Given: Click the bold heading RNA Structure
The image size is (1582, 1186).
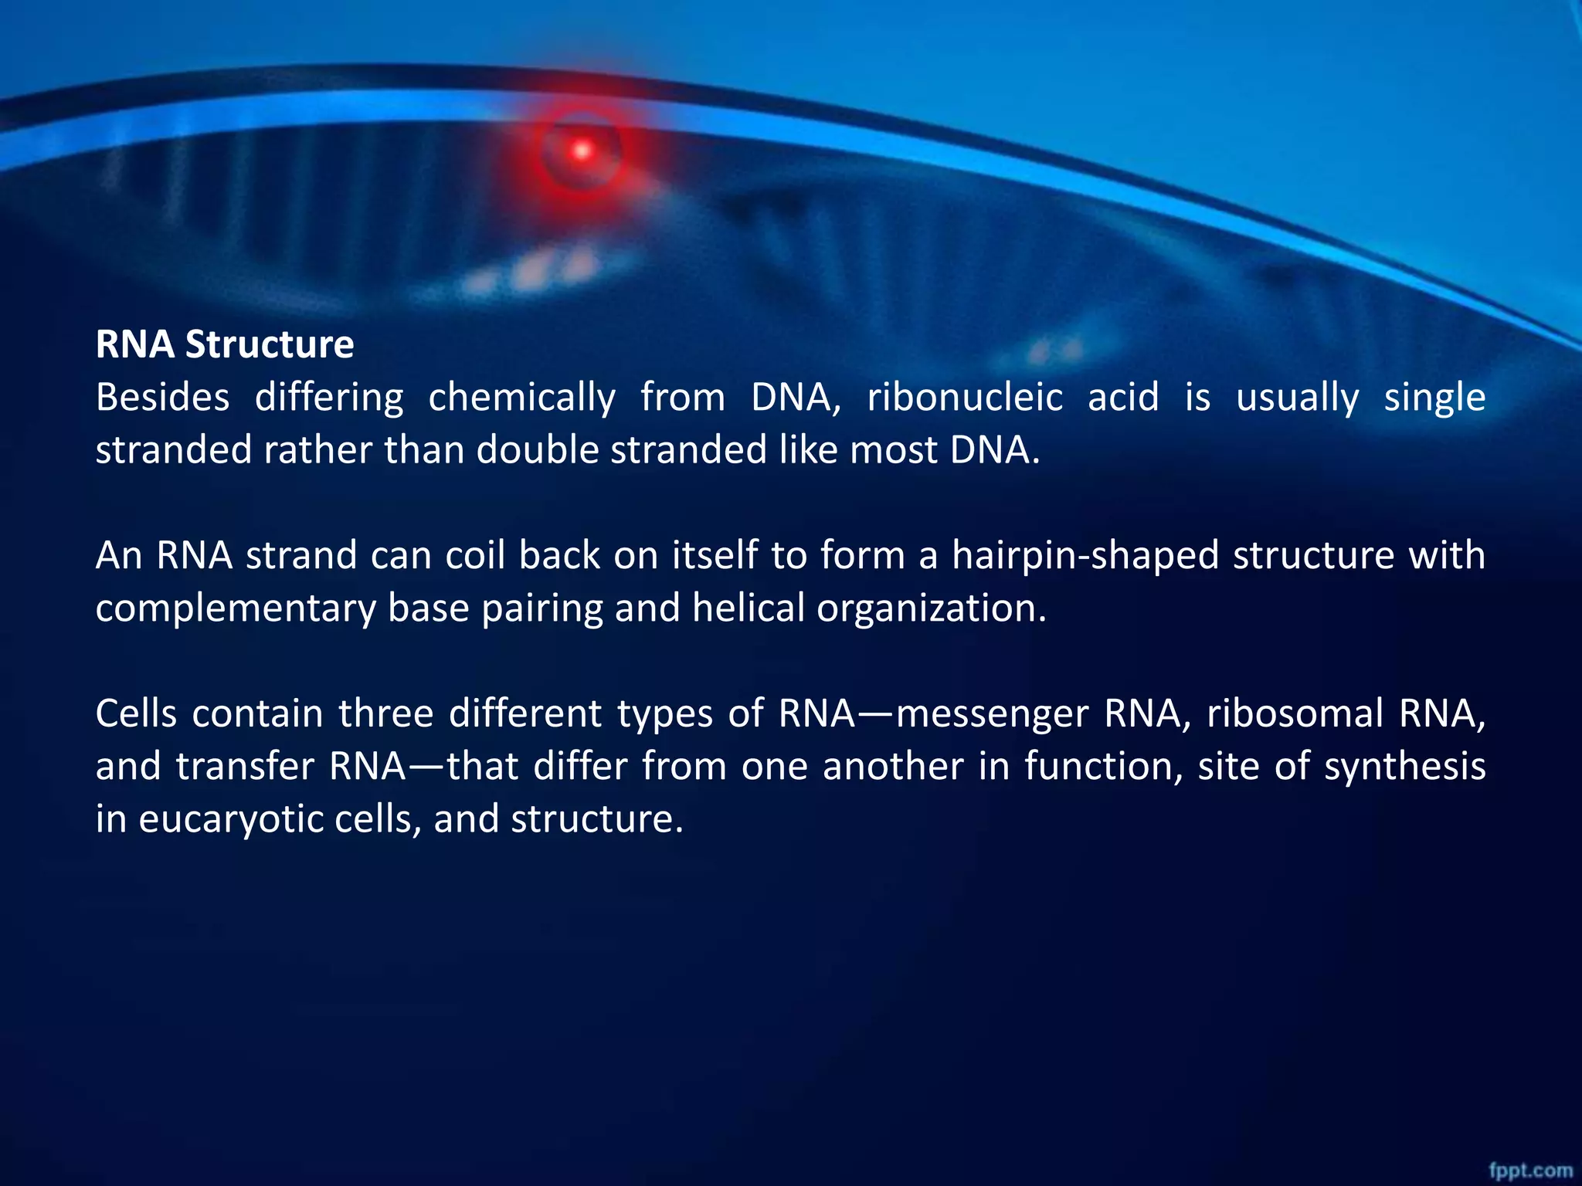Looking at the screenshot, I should [x=225, y=344].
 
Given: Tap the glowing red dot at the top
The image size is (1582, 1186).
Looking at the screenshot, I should [x=582, y=151].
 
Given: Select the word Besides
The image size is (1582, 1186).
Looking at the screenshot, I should [x=162, y=398].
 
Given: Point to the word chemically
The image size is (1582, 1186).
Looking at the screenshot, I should [x=521, y=398].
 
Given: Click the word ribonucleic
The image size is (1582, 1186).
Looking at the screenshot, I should [x=965, y=398].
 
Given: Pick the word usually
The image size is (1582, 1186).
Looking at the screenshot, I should [x=1297, y=398].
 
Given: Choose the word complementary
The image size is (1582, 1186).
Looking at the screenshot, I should [x=235, y=608].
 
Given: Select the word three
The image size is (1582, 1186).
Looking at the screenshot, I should [x=385, y=713].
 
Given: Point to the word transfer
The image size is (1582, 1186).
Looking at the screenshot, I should [x=246, y=767].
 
